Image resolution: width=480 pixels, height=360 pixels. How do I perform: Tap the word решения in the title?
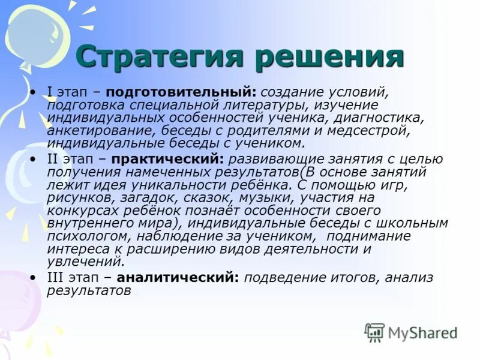326,58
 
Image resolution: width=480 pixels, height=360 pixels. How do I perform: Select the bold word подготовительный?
184,93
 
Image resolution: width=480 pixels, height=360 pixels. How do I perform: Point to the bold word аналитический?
178,278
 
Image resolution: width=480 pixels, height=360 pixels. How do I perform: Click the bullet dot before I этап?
34,93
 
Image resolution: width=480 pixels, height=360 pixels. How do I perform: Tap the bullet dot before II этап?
34,159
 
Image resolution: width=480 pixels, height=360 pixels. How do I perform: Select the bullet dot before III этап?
34,278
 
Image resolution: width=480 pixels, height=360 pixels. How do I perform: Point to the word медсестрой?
376,131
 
